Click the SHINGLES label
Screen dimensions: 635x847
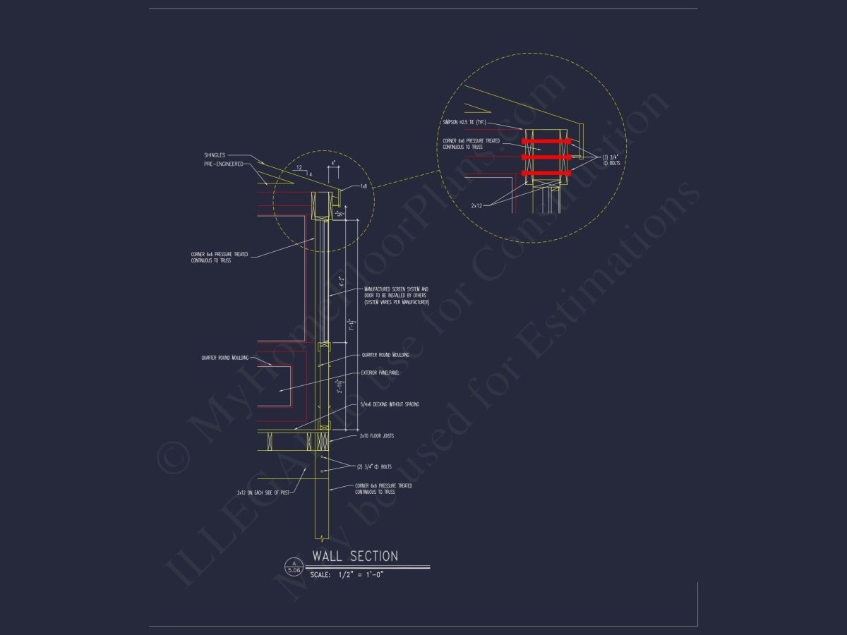click(215, 155)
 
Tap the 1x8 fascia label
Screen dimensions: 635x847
click(364, 186)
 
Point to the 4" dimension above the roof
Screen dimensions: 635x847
click(333, 162)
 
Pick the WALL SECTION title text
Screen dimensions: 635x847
click(355, 557)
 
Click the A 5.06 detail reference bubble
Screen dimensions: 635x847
click(293, 566)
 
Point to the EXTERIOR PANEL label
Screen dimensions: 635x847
click(380, 373)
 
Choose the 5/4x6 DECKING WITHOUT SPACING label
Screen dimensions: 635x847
click(390, 404)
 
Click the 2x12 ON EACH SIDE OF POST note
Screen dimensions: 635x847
click(264, 492)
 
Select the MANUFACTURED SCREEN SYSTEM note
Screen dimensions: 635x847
click(396, 296)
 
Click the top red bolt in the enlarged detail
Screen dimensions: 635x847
click(546, 141)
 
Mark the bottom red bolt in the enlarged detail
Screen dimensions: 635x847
click(546, 173)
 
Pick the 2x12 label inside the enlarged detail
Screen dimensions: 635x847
click(478, 205)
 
